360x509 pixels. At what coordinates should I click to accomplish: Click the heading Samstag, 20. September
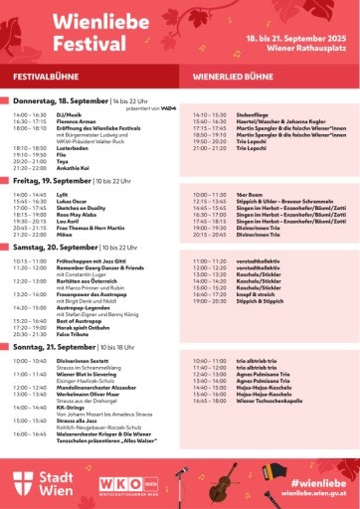point(57,248)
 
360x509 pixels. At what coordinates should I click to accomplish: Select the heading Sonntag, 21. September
point(55,348)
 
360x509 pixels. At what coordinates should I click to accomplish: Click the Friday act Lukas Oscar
point(56,201)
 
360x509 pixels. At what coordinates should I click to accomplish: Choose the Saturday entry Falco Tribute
point(59,334)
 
